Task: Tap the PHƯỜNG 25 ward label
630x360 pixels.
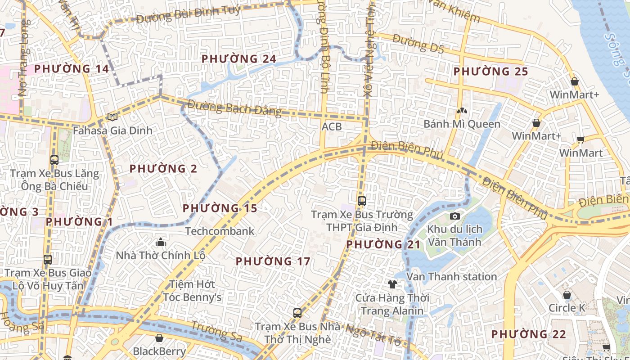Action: point(490,72)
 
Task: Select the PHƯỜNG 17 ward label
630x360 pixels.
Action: point(273,261)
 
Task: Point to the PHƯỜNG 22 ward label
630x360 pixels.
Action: point(528,334)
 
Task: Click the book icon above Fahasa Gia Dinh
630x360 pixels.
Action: point(112,117)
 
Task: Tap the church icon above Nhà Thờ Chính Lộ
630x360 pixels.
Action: point(161,243)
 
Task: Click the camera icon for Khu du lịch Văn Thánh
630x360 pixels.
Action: point(454,216)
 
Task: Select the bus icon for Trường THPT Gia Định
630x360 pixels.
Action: point(361,201)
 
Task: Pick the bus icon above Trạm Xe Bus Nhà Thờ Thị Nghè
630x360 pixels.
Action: point(297,313)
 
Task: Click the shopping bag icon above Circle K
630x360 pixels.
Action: point(567,295)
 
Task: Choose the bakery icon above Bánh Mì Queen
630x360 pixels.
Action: point(461,110)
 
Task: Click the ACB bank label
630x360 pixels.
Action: point(332,127)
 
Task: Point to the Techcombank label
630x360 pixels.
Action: point(220,231)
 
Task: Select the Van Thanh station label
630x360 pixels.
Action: point(451,276)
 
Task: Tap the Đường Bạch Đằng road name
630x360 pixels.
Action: point(234,108)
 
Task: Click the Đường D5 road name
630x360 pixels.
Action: point(418,44)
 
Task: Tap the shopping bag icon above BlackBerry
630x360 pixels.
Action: point(159,338)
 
